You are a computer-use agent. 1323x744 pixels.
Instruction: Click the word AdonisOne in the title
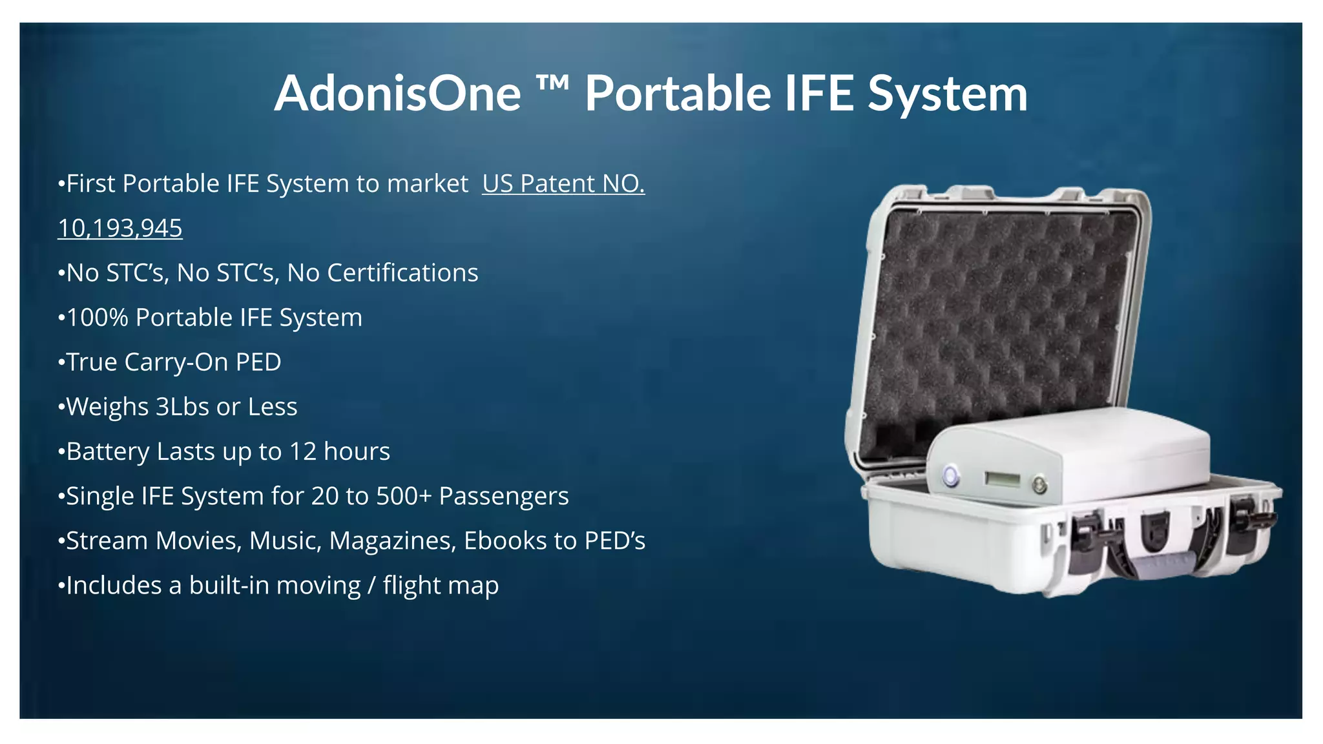(x=397, y=94)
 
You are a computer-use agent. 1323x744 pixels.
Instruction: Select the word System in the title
(x=947, y=94)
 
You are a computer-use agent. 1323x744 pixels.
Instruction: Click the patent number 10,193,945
(x=120, y=229)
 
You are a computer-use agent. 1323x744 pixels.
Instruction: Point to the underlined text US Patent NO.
(x=563, y=184)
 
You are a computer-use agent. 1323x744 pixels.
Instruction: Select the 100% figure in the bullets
(x=98, y=318)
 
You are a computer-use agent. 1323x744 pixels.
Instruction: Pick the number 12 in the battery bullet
(x=302, y=451)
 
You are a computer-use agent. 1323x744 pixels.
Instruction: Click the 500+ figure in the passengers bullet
(x=404, y=496)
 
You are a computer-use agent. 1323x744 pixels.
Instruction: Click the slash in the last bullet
(x=371, y=586)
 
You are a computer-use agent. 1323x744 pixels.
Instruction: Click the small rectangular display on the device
(x=1002, y=479)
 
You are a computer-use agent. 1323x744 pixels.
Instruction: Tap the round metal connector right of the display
(x=1039, y=484)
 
